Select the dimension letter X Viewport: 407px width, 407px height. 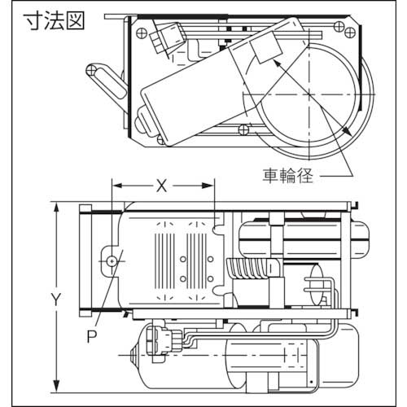coord(161,186)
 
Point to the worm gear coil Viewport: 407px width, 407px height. coord(252,267)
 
